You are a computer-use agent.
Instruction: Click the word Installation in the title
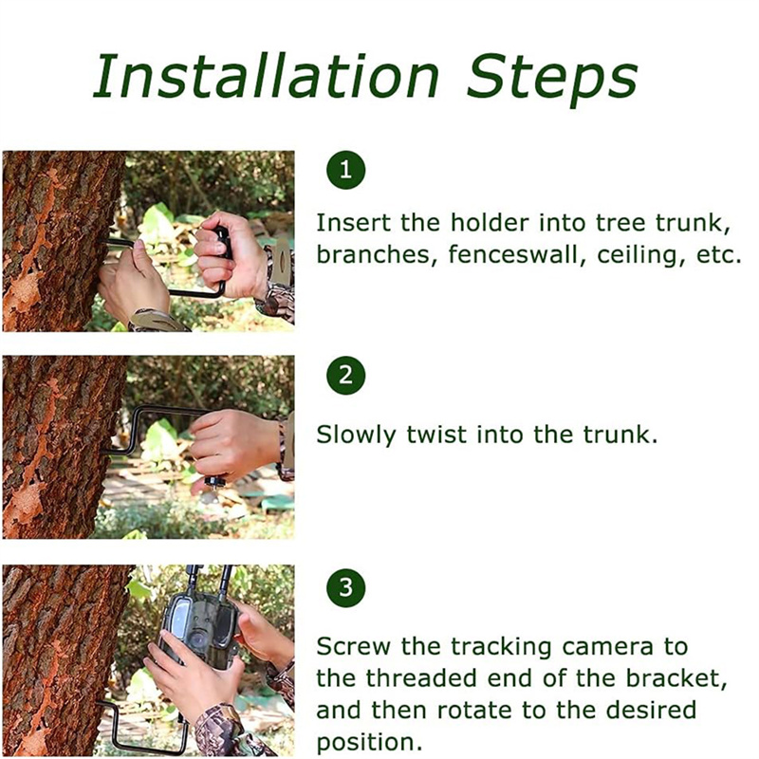click(x=266, y=76)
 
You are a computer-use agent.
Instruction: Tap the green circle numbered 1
click(x=345, y=170)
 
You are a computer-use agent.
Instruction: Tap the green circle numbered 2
click(x=345, y=375)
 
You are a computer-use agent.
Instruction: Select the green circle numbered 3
click(x=345, y=587)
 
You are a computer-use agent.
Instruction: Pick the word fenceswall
click(x=513, y=254)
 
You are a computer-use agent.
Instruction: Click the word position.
click(x=366, y=743)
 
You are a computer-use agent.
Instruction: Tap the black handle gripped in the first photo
click(x=223, y=243)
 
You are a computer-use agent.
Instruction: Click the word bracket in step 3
click(x=676, y=678)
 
